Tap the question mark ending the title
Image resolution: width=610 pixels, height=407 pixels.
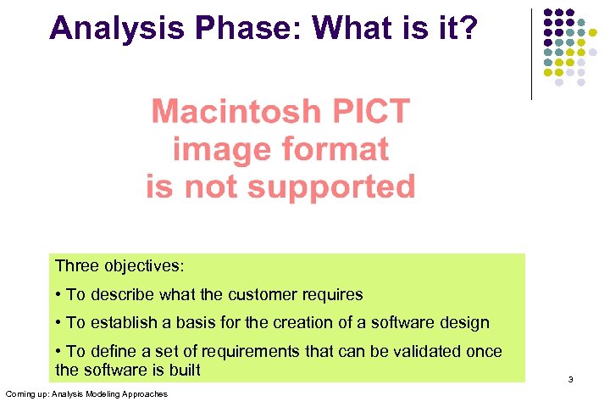coord(469,28)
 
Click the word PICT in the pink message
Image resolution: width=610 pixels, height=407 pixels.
coord(369,111)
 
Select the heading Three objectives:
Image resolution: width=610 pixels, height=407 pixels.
coord(119,266)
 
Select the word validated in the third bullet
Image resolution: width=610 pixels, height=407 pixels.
coord(396,351)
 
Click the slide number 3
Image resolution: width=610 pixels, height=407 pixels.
coord(570,380)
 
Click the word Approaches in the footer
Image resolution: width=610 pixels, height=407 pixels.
coord(145,394)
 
